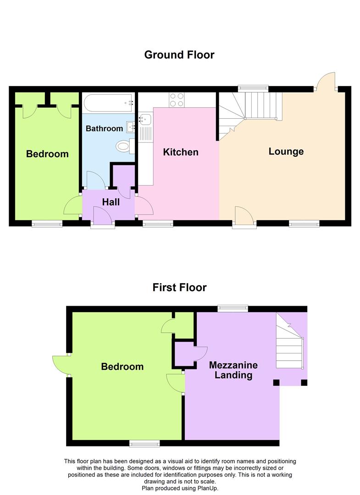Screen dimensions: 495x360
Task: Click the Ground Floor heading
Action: (x=179, y=55)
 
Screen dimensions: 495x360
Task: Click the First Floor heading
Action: (x=179, y=287)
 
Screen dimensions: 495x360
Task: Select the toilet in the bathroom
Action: (x=124, y=146)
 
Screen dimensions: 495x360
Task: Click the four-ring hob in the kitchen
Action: (x=177, y=100)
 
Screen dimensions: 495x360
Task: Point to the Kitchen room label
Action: (x=181, y=152)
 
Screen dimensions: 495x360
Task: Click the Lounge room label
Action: (x=286, y=151)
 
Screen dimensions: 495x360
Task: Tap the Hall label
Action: (x=111, y=202)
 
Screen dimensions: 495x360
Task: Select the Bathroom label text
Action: (x=104, y=129)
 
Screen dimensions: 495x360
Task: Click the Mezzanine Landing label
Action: (x=233, y=370)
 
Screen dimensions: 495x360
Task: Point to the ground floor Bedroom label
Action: (x=47, y=154)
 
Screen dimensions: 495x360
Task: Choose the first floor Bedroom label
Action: (x=122, y=367)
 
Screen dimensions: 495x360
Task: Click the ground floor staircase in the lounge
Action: (x=250, y=110)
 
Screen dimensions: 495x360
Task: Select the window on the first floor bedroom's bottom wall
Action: (x=144, y=443)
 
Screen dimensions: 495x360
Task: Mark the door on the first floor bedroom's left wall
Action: (x=61, y=365)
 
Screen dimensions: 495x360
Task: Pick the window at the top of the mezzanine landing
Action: (x=233, y=308)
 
